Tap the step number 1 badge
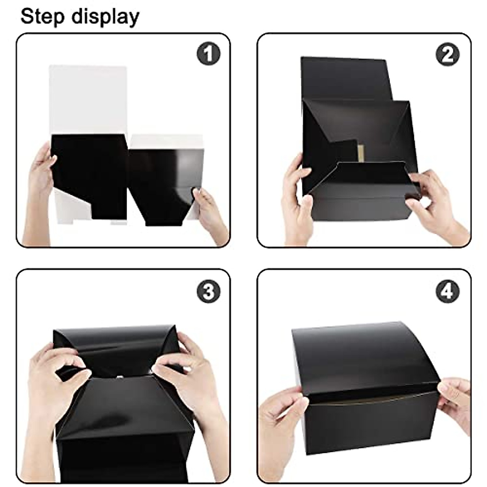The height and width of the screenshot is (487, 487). (208, 54)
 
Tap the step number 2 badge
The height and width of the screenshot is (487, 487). (448, 54)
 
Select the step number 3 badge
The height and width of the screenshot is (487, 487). (208, 291)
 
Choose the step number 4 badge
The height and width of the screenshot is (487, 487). (448, 291)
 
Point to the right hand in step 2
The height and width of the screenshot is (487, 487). (434, 203)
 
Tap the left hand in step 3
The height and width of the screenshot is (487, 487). (53, 377)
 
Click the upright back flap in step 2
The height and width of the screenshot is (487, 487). (345, 77)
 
